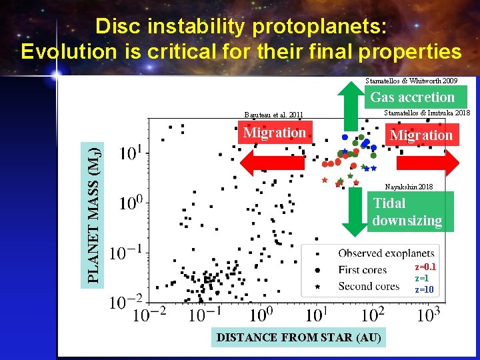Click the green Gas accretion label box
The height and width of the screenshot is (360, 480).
(x=412, y=97)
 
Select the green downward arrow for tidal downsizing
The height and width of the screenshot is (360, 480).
(x=351, y=212)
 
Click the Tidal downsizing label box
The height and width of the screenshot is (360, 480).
(x=407, y=212)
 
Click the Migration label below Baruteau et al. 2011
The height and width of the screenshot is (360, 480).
(x=275, y=133)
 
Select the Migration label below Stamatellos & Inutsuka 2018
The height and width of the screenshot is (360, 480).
(x=421, y=135)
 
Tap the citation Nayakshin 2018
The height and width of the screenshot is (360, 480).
(x=409, y=187)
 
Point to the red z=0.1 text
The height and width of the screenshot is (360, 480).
(x=425, y=267)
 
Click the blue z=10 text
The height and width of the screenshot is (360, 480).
(x=425, y=289)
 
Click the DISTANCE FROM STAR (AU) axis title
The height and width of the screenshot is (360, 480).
(x=299, y=337)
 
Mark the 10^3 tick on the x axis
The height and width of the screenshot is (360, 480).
(x=429, y=315)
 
